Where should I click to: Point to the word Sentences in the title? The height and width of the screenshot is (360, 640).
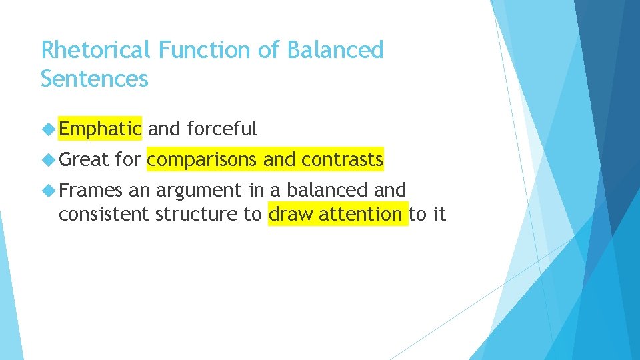pos(94,79)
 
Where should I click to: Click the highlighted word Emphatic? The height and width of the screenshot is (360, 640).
pos(100,129)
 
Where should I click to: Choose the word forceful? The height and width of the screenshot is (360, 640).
pos(222,129)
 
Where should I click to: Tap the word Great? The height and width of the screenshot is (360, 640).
pos(83,159)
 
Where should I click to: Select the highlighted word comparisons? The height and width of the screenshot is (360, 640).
pos(202,159)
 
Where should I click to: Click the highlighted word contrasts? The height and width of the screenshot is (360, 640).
pos(342,159)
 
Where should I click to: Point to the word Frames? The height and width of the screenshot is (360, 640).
pos(91,191)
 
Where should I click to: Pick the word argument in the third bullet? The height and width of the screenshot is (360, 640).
pos(200,191)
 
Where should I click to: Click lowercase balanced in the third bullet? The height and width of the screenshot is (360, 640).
pos(317,191)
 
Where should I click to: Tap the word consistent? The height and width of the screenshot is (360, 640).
pos(104,215)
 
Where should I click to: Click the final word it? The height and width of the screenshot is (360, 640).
pos(438,215)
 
